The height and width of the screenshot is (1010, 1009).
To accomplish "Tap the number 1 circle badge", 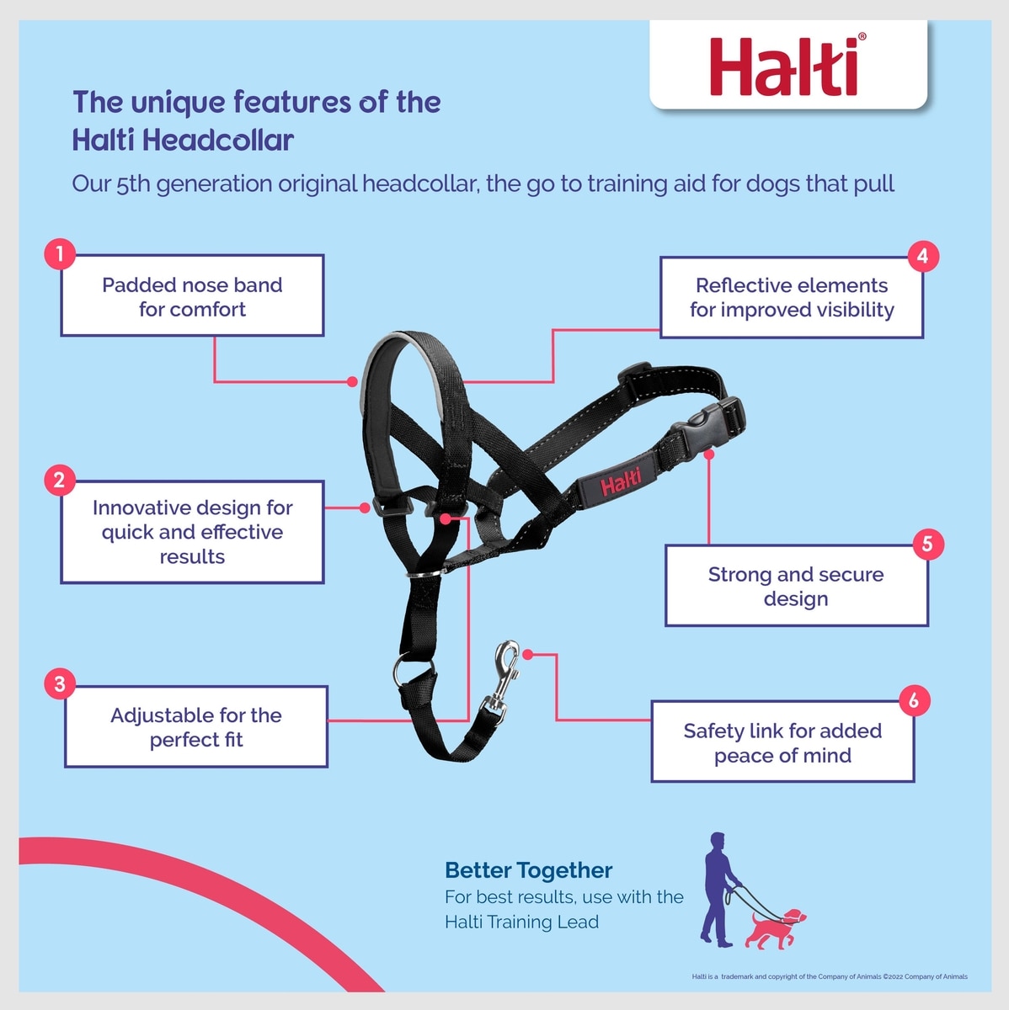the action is [60, 253].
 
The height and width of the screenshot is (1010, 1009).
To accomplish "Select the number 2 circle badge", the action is [60, 480].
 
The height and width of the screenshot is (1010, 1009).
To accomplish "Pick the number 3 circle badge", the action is [60, 683].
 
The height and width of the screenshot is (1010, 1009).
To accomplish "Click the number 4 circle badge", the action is [923, 257].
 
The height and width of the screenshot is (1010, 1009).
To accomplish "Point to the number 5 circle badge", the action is [927, 544].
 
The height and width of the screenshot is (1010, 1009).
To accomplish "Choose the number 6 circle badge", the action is [914, 700].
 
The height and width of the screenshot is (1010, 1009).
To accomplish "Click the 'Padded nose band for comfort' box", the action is [192, 295].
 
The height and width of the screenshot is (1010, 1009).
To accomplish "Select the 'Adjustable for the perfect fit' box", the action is [196, 726].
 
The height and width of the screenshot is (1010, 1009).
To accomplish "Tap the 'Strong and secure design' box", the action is [797, 586].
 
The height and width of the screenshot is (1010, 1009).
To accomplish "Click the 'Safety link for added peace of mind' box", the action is [782, 742].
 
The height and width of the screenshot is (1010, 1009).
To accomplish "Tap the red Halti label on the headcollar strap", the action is [621, 481].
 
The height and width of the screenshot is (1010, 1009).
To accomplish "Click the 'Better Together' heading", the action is [528, 870].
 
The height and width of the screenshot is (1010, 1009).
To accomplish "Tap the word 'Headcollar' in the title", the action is [218, 141].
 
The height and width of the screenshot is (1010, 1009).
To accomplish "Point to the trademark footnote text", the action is [830, 976].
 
